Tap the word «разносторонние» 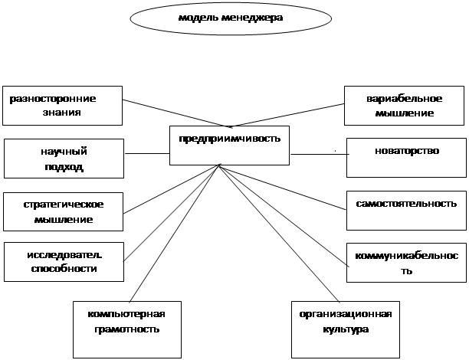(x=53, y=99)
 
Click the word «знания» (x=61, y=113)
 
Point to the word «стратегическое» (x=64, y=205)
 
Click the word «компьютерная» (x=126, y=314)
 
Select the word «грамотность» (x=126, y=329)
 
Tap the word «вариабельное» (x=404, y=99)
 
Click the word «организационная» (x=346, y=314)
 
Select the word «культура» (x=346, y=329)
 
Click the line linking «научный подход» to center (x=147, y=154)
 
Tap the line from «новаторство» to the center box (x=320, y=154)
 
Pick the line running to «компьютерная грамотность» (x=175, y=233)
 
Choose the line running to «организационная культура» (x=280, y=234)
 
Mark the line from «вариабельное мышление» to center (x=287, y=116)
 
